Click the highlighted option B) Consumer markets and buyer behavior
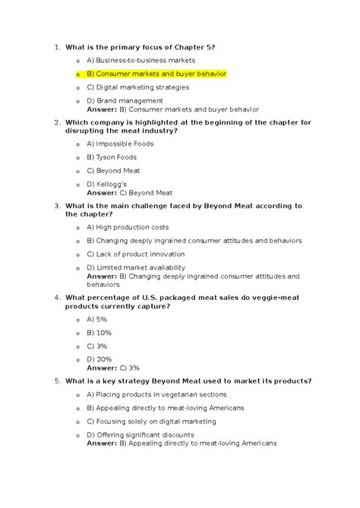(156, 74)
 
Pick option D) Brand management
(125, 101)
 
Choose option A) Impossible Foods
(120, 144)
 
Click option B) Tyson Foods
(112, 157)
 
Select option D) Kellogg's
(106, 185)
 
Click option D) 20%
(99, 359)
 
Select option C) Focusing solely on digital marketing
(161, 421)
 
